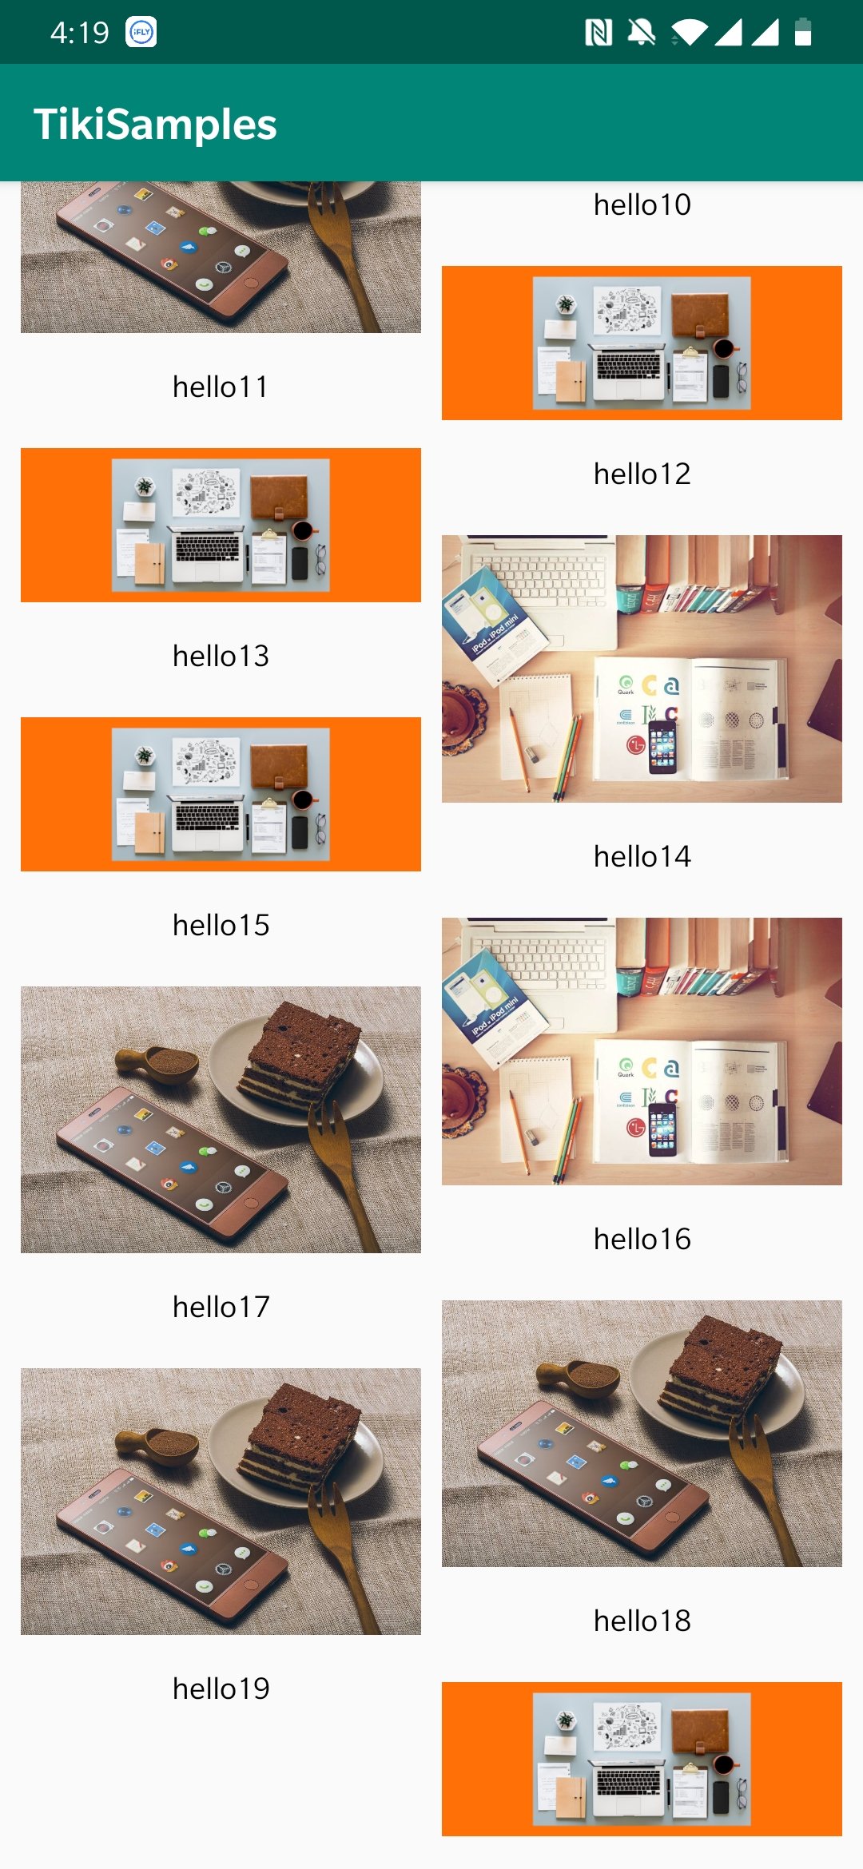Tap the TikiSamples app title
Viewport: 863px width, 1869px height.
[x=155, y=125]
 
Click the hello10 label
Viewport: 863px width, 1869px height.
[x=642, y=205]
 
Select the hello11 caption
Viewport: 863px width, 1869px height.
[x=221, y=387]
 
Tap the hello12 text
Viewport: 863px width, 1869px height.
[x=642, y=474]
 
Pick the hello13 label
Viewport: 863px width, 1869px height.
[x=221, y=657]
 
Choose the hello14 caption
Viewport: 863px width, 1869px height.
[x=642, y=857]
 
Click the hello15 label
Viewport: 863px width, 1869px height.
[x=221, y=926]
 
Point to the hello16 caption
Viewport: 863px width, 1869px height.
[x=642, y=1240]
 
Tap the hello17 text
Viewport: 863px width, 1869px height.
[x=221, y=1308]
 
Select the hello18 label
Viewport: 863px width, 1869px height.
[x=642, y=1621]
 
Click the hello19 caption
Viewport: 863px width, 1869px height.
[x=221, y=1689]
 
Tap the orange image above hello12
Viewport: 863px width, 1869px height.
[x=642, y=343]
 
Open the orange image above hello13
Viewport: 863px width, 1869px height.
[x=221, y=525]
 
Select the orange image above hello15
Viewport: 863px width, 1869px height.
[x=221, y=794]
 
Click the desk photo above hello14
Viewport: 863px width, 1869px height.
[x=642, y=669]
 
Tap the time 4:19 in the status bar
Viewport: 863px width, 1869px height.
[x=79, y=33]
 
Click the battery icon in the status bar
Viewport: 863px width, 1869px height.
[x=803, y=32]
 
